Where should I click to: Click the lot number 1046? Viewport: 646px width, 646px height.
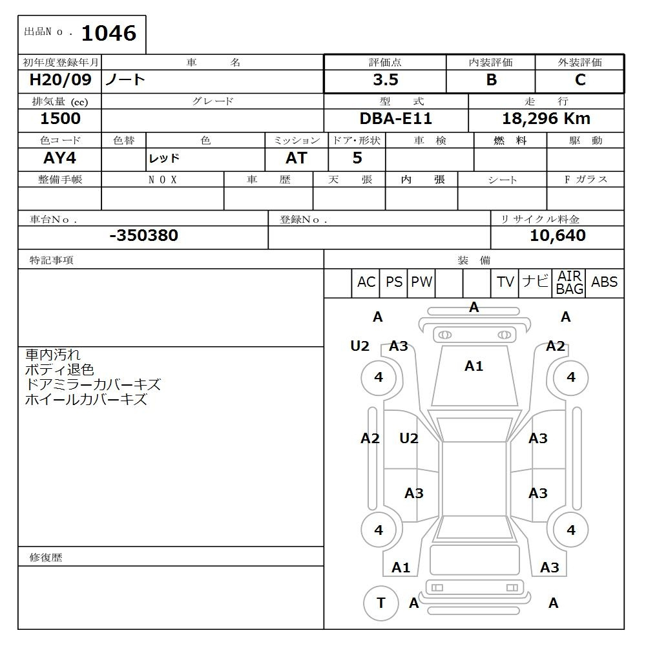point(109,34)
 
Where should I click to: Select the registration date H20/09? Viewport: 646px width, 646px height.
point(60,79)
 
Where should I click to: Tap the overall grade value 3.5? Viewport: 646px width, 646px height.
point(386,79)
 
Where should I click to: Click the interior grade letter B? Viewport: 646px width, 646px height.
point(491,79)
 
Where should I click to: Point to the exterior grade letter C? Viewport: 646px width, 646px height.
point(580,79)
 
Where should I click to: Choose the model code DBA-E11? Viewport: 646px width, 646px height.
point(395,119)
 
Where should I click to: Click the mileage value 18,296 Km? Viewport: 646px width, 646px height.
point(546,119)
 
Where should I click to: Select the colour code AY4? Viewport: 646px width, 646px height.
point(59,158)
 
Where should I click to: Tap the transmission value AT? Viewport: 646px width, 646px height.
point(297,158)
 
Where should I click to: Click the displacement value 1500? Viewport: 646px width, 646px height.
point(60,119)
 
